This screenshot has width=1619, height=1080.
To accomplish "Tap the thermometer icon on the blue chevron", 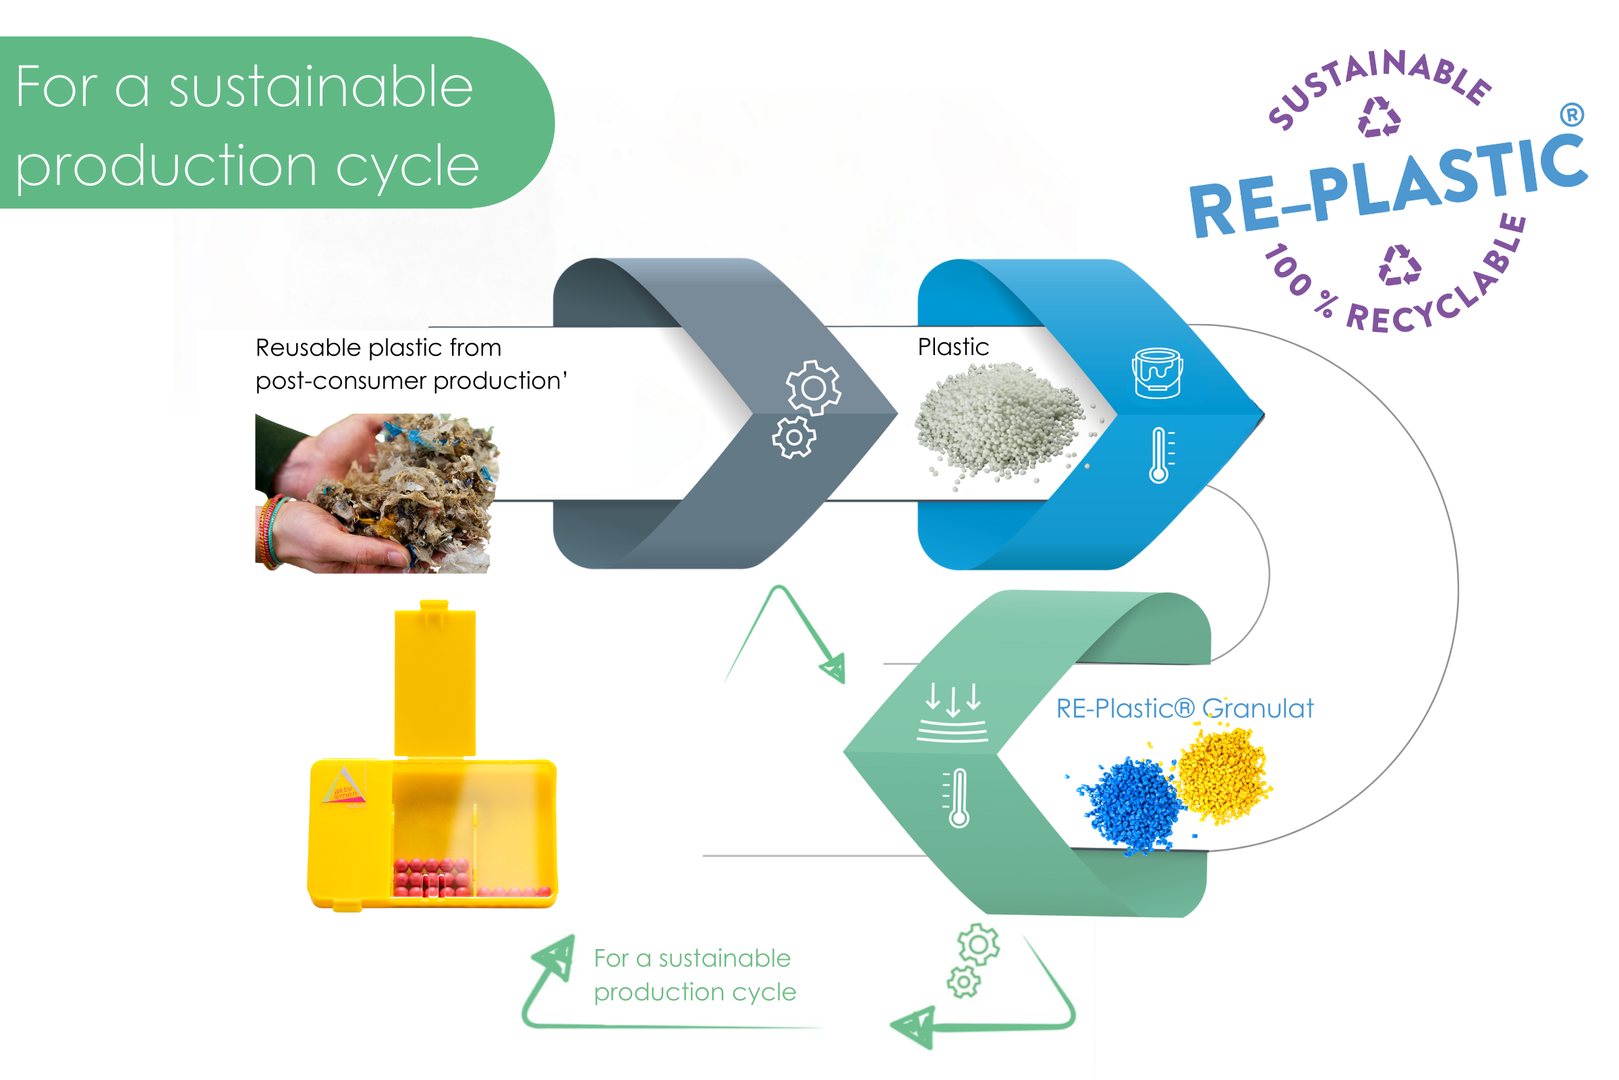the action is [1161, 455].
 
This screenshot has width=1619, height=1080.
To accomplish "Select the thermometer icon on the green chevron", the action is [957, 798].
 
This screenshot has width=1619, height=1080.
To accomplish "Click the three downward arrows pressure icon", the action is [952, 712].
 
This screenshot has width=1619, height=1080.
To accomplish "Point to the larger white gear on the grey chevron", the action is [814, 387].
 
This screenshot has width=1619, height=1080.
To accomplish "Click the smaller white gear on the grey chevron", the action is [794, 437].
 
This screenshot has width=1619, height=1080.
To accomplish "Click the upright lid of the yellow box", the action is [435, 679].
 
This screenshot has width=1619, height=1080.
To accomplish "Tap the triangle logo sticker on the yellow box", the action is [343, 786].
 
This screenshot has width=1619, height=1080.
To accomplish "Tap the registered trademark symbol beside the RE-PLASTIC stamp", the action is [1572, 114].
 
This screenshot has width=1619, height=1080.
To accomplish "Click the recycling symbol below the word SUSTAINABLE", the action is [1379, 117].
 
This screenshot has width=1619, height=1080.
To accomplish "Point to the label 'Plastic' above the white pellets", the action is [953, 346].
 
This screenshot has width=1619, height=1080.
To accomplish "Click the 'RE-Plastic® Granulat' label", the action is [1185, 708].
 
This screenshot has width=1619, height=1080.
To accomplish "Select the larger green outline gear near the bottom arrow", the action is [978, 945].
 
